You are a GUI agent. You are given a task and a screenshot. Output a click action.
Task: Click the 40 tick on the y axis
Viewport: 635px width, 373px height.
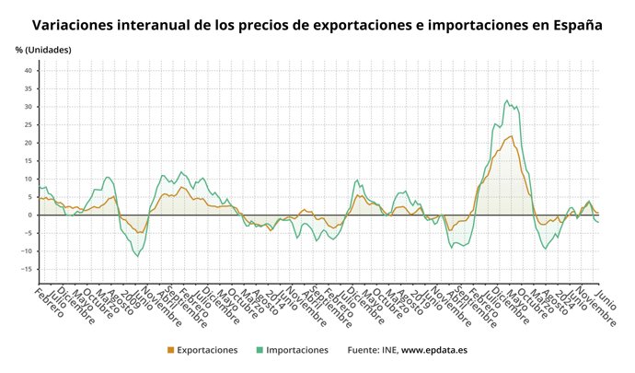[28, 71]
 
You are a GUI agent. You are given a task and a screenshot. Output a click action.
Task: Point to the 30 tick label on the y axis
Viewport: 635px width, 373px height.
[28, 107]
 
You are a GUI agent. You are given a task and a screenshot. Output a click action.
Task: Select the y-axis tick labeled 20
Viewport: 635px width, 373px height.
[28, 143]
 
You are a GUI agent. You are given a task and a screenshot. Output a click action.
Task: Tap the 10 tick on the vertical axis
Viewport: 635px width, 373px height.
[28, 179]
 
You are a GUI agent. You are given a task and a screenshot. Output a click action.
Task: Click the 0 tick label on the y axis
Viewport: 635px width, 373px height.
[29, 215]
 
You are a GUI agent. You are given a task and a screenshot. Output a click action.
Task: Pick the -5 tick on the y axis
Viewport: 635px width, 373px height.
[28, 233]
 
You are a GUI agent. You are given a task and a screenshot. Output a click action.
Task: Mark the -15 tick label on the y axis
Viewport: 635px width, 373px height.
[26, 269]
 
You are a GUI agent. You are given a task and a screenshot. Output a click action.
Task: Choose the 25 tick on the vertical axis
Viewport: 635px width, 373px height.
[28, 125]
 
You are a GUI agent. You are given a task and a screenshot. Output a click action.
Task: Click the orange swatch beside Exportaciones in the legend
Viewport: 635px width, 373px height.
[169, 350]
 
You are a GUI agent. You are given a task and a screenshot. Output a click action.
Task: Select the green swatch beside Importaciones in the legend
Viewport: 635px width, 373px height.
[260, 350]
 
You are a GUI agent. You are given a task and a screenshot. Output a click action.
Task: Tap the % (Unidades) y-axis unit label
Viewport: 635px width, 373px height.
[42, 49]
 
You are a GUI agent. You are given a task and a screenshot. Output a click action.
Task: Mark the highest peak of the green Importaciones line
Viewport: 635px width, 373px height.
[507, 100]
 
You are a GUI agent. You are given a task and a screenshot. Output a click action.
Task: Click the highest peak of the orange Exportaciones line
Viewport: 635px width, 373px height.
[511, 136]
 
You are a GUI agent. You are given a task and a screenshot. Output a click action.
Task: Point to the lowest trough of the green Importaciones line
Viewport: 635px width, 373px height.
[139, 255]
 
